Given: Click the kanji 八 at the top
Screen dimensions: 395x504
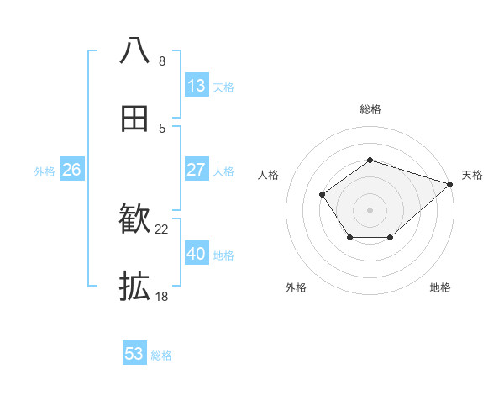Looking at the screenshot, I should (135, 50).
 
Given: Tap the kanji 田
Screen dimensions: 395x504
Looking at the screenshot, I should (135, 118).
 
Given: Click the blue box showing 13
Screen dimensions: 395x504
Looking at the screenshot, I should (197, 86).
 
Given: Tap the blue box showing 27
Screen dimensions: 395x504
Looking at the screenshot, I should (197, 170).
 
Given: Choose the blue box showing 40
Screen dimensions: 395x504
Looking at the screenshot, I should (197, 254).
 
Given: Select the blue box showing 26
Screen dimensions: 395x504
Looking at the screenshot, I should (71, 170).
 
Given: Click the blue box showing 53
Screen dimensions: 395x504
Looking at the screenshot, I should (134, 354).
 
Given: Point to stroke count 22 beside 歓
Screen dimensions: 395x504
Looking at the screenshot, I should (162, 229).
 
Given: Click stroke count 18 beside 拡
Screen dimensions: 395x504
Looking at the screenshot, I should (162, 296).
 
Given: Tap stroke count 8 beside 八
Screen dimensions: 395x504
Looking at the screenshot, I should (162, 61).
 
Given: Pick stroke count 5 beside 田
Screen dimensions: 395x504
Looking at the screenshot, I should (162, 128).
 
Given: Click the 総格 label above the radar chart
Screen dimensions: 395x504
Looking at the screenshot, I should (370, 109).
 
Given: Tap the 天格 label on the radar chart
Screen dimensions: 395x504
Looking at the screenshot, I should (472, 175).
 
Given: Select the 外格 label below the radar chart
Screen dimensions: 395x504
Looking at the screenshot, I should (296, 287).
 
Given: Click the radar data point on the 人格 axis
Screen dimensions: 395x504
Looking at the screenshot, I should (323, 195).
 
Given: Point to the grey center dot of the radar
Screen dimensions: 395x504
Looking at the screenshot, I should (370, 209).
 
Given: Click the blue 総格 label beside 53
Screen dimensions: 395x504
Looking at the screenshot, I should (161, 355).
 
